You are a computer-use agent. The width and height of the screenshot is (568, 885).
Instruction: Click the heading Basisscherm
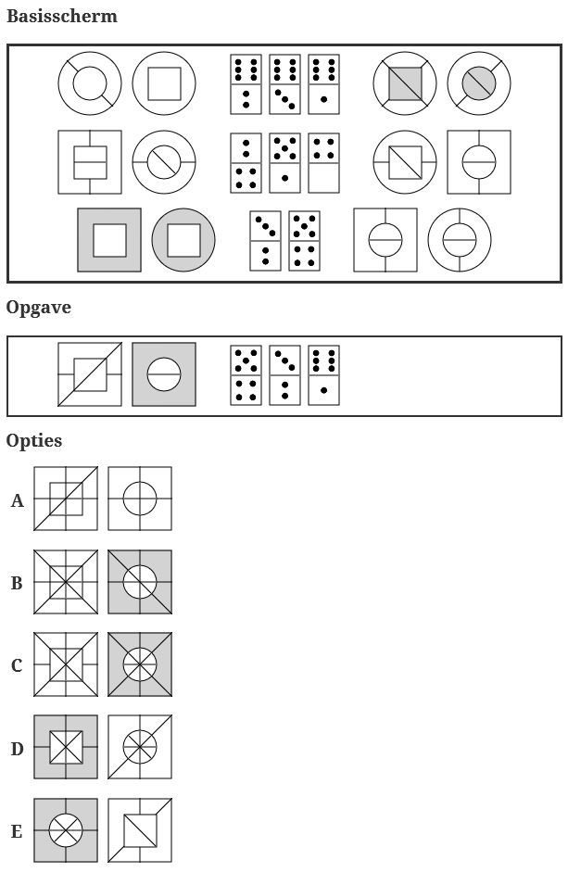click(62, 17)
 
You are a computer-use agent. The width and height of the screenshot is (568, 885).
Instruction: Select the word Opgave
click(39, 308)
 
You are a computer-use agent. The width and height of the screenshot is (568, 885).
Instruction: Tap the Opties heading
click(34, 440)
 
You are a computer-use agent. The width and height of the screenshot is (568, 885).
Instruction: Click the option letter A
click(18, 501)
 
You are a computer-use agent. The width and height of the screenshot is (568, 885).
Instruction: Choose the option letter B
click(17, 584)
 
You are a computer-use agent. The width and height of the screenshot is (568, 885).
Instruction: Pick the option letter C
click(17, 666)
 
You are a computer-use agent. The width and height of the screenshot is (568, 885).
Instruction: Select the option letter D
click(17, 749)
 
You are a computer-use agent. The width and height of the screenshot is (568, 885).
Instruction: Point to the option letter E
click(17, 831)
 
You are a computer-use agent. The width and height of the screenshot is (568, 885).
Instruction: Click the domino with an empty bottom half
click(323, 162)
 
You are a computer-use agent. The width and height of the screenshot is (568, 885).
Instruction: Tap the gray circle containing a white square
click(183, 240)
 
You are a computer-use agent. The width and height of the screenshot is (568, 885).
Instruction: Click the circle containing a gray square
click(405, 83)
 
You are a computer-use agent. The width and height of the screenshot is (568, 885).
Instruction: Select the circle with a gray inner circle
click(479, 83)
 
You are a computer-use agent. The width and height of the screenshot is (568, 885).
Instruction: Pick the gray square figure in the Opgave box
click(164, 374)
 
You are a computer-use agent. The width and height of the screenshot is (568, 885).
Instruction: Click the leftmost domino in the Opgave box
click(246, 375)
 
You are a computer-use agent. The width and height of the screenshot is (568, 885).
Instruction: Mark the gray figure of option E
click(66, 830)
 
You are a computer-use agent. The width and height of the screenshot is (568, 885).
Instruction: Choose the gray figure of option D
click(66, 747)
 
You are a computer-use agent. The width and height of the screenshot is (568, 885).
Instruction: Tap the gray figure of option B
click(140, 582)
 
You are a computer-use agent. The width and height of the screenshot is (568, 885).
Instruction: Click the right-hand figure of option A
click(140, 499)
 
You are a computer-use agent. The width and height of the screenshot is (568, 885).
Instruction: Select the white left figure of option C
click(66, 664)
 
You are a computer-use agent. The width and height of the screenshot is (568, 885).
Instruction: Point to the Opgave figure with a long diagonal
click(90, 374)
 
